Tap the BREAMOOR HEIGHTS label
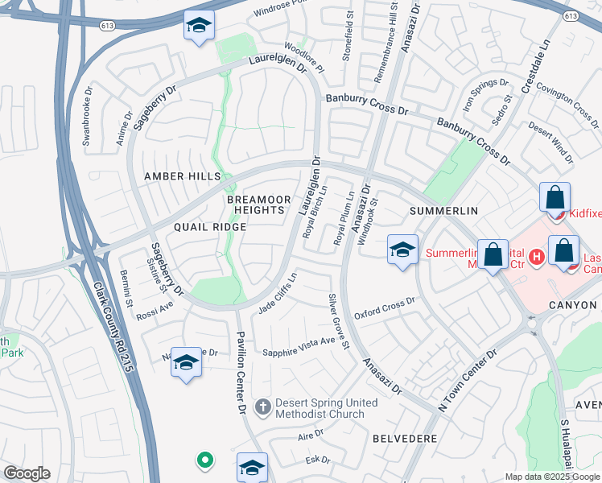[x=255, y=204]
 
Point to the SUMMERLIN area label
[x=443, y=211]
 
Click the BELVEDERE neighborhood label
[x=405, y=439]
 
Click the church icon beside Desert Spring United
[x=262, y=407]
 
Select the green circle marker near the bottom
[x=205, y=460]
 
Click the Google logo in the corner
[x=27, y=473]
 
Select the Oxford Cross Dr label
[x=384, y=307]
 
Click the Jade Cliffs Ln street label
[x=278, y=295]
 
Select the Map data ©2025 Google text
[x=552, y=477]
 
